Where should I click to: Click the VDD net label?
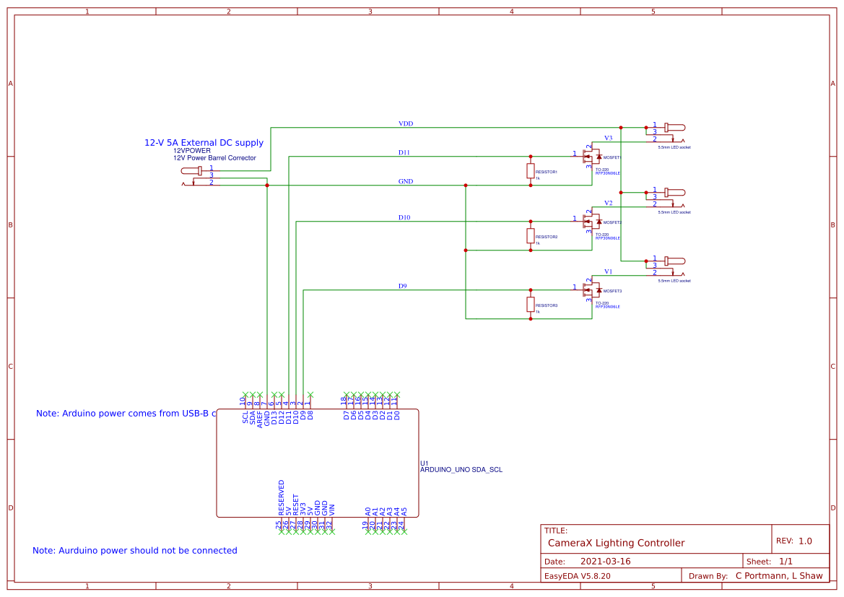point(406,124)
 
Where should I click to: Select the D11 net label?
point(404,153)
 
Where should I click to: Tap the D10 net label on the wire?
point(404,218)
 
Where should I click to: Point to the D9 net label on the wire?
point(403,287)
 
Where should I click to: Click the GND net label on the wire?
point(406,182)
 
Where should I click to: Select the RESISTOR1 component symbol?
point(531,171)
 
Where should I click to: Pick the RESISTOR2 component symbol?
point(531,235)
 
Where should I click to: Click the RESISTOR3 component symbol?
point(531,305)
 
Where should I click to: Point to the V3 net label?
point(608,138)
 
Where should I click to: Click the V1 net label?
point(608,272)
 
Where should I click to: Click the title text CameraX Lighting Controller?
point(616,543)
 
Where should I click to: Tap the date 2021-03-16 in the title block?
point(605,562)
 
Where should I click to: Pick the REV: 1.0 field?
point(793,541)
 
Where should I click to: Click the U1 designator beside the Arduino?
point(425,463)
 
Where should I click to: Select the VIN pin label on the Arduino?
point(331,507)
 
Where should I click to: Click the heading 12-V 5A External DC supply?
point(204,143)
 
